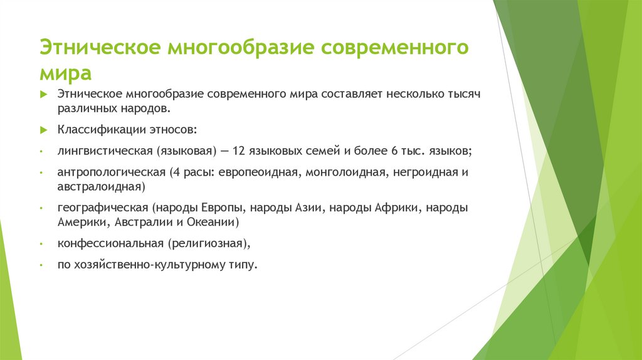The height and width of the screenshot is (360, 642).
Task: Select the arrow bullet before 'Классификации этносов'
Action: tap(43, 130)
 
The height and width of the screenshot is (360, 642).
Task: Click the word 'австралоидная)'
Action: tap(102, 187)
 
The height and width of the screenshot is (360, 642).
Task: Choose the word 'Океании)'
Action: tap(214, 223)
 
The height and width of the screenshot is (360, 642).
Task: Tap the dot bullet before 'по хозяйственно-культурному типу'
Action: tap(41, 265)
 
